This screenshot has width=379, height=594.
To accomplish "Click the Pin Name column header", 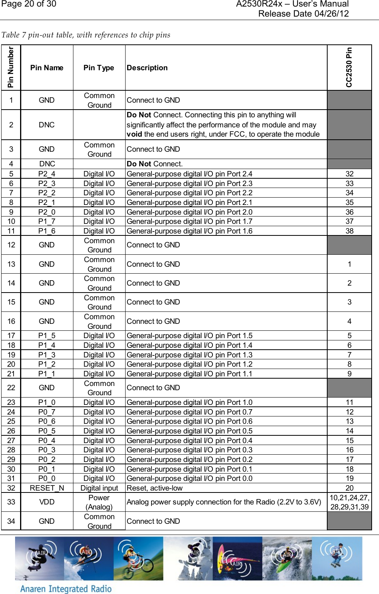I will (47, 68).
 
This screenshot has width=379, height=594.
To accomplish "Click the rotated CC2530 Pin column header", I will (349, 68).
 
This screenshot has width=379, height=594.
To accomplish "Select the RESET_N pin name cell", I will (47, 488).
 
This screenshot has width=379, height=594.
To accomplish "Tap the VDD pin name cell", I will (47, 502).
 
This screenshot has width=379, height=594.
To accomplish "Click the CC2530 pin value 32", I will (349, 174).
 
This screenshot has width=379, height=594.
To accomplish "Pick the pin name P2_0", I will (47, 212).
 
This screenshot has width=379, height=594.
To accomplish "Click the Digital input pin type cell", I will (99, 488).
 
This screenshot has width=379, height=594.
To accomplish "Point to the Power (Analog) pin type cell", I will (99, 502).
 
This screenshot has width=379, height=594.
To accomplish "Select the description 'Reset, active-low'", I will (155, 488).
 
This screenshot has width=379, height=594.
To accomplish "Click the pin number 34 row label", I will (11, 521).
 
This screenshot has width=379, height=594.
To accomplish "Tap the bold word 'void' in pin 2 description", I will (134, 134).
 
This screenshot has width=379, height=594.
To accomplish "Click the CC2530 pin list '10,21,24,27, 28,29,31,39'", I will (349, 502).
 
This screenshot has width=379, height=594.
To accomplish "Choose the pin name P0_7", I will (47, 412).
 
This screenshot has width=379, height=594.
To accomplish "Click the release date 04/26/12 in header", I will (303, 14).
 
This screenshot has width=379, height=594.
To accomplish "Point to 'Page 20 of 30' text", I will (29, 4).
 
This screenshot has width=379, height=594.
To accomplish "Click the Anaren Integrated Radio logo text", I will (66, 589).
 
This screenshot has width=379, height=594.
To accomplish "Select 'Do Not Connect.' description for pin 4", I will (155, 164).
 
